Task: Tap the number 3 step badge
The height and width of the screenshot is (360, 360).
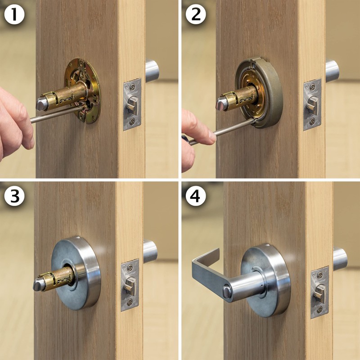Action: pos(14,196)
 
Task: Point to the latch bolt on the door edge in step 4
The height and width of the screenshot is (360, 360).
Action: pos(319,292)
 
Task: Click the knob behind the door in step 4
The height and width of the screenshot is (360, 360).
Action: pos(340,259)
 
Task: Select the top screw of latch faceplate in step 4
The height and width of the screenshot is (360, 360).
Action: pos(319,274)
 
